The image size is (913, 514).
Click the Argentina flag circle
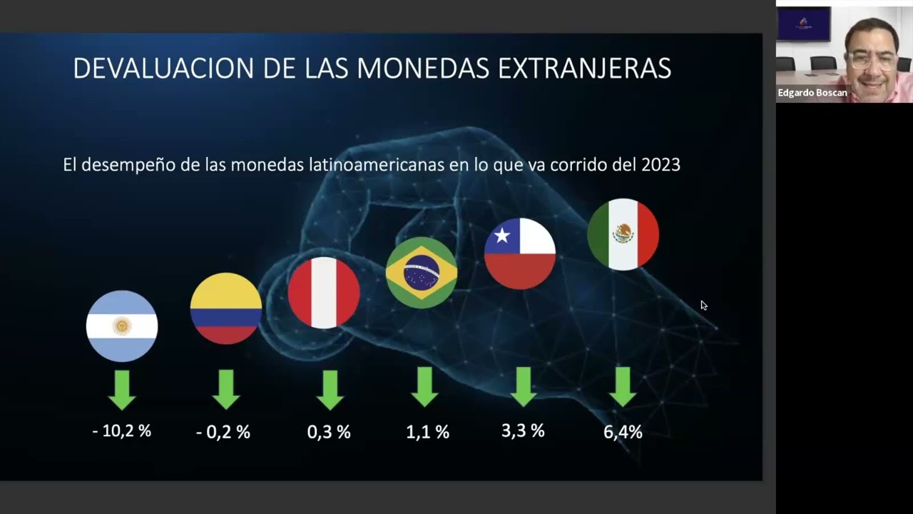pos(122,326)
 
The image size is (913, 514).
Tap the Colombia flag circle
pos(226,308)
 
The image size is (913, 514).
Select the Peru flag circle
pos(324,293)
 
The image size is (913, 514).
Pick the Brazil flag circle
pos(422,272)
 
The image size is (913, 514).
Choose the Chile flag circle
pos(520,253)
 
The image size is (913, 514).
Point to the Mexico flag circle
pos(623,234)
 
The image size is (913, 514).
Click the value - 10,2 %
pos(122,431)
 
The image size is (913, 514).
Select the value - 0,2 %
pos(223,432)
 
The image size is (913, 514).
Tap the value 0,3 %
pos(329,432)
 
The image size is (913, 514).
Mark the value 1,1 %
pos(428,432)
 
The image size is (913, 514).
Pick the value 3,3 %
pos(523,430)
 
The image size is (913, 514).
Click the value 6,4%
pos(623,432)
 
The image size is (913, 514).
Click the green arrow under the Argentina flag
pos(122,389)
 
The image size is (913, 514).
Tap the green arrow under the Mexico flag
pos(623,386)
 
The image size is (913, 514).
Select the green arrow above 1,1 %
pos(425,386)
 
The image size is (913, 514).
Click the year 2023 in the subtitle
pos(660,165)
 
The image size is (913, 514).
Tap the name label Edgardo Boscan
pos(812,93)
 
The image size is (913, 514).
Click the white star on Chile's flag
pos(503,235)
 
